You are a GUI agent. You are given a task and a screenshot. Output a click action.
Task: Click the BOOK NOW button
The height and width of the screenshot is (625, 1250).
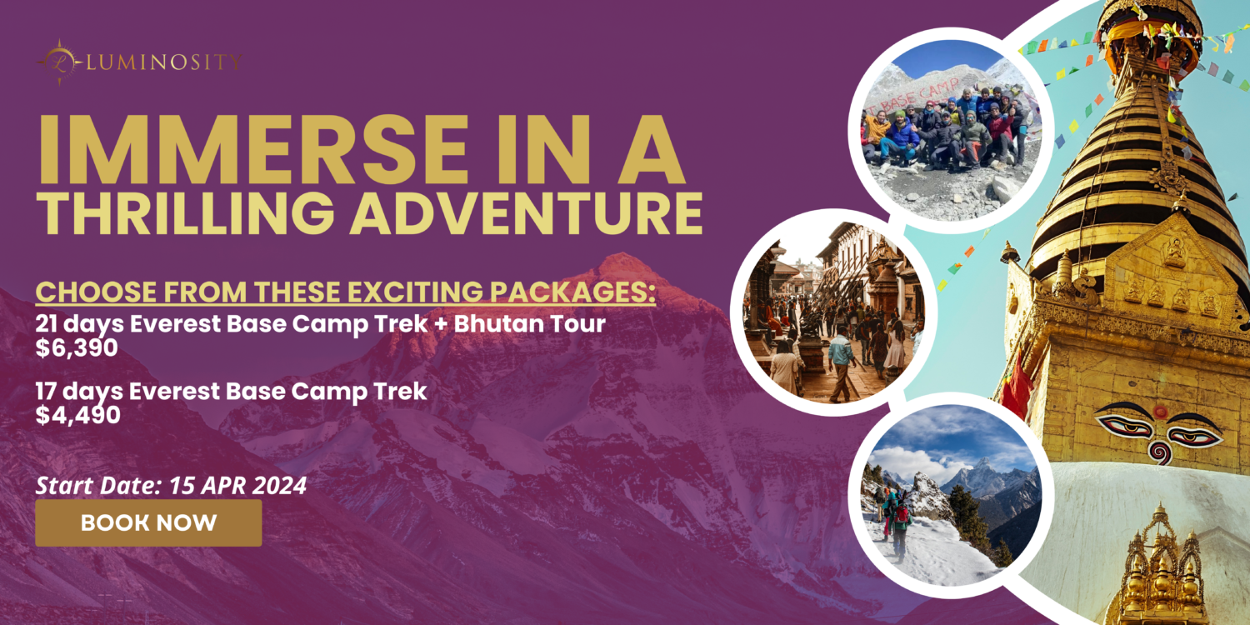148,522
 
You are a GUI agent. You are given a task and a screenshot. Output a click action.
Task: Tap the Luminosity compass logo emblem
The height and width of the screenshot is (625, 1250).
60,62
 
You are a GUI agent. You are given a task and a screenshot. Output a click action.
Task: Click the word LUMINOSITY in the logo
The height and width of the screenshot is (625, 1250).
164,62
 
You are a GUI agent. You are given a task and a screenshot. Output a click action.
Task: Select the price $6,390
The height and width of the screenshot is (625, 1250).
77,347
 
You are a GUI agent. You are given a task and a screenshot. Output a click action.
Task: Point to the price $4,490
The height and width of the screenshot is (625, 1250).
77,415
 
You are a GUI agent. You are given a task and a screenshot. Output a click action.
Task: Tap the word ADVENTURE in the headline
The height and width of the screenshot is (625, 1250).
526,213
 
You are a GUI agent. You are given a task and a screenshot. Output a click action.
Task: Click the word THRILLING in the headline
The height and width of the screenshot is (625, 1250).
186,213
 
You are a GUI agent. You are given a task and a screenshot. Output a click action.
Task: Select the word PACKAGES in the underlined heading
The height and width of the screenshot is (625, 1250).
572,292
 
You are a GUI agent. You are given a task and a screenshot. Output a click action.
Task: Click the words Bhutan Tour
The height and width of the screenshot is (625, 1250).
529,323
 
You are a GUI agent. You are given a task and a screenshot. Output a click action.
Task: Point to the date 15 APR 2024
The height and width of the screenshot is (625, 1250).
237,486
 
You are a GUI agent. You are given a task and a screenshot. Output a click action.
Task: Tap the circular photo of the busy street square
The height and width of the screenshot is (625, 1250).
833,312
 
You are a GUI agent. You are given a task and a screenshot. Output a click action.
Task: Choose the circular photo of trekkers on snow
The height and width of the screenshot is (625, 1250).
951,496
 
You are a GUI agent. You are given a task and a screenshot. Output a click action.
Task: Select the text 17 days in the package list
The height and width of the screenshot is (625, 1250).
79,392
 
